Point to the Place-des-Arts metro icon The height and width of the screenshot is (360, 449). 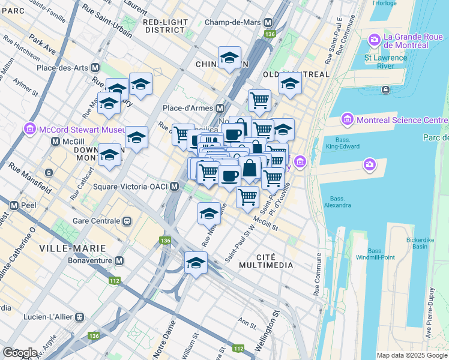click(95, 67)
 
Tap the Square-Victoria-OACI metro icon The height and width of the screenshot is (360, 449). click(174, 187)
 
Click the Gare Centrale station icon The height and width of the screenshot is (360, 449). click(127, 220)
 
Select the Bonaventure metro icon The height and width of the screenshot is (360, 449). click(119, 261)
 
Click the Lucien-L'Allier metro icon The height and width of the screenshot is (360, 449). click(79, 316)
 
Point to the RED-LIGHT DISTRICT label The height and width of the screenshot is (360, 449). click(164, 26)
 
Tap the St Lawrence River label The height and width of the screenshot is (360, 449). click(385, 62)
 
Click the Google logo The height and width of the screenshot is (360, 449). click(20, 353)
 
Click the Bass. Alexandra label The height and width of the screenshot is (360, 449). click(340, 202)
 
